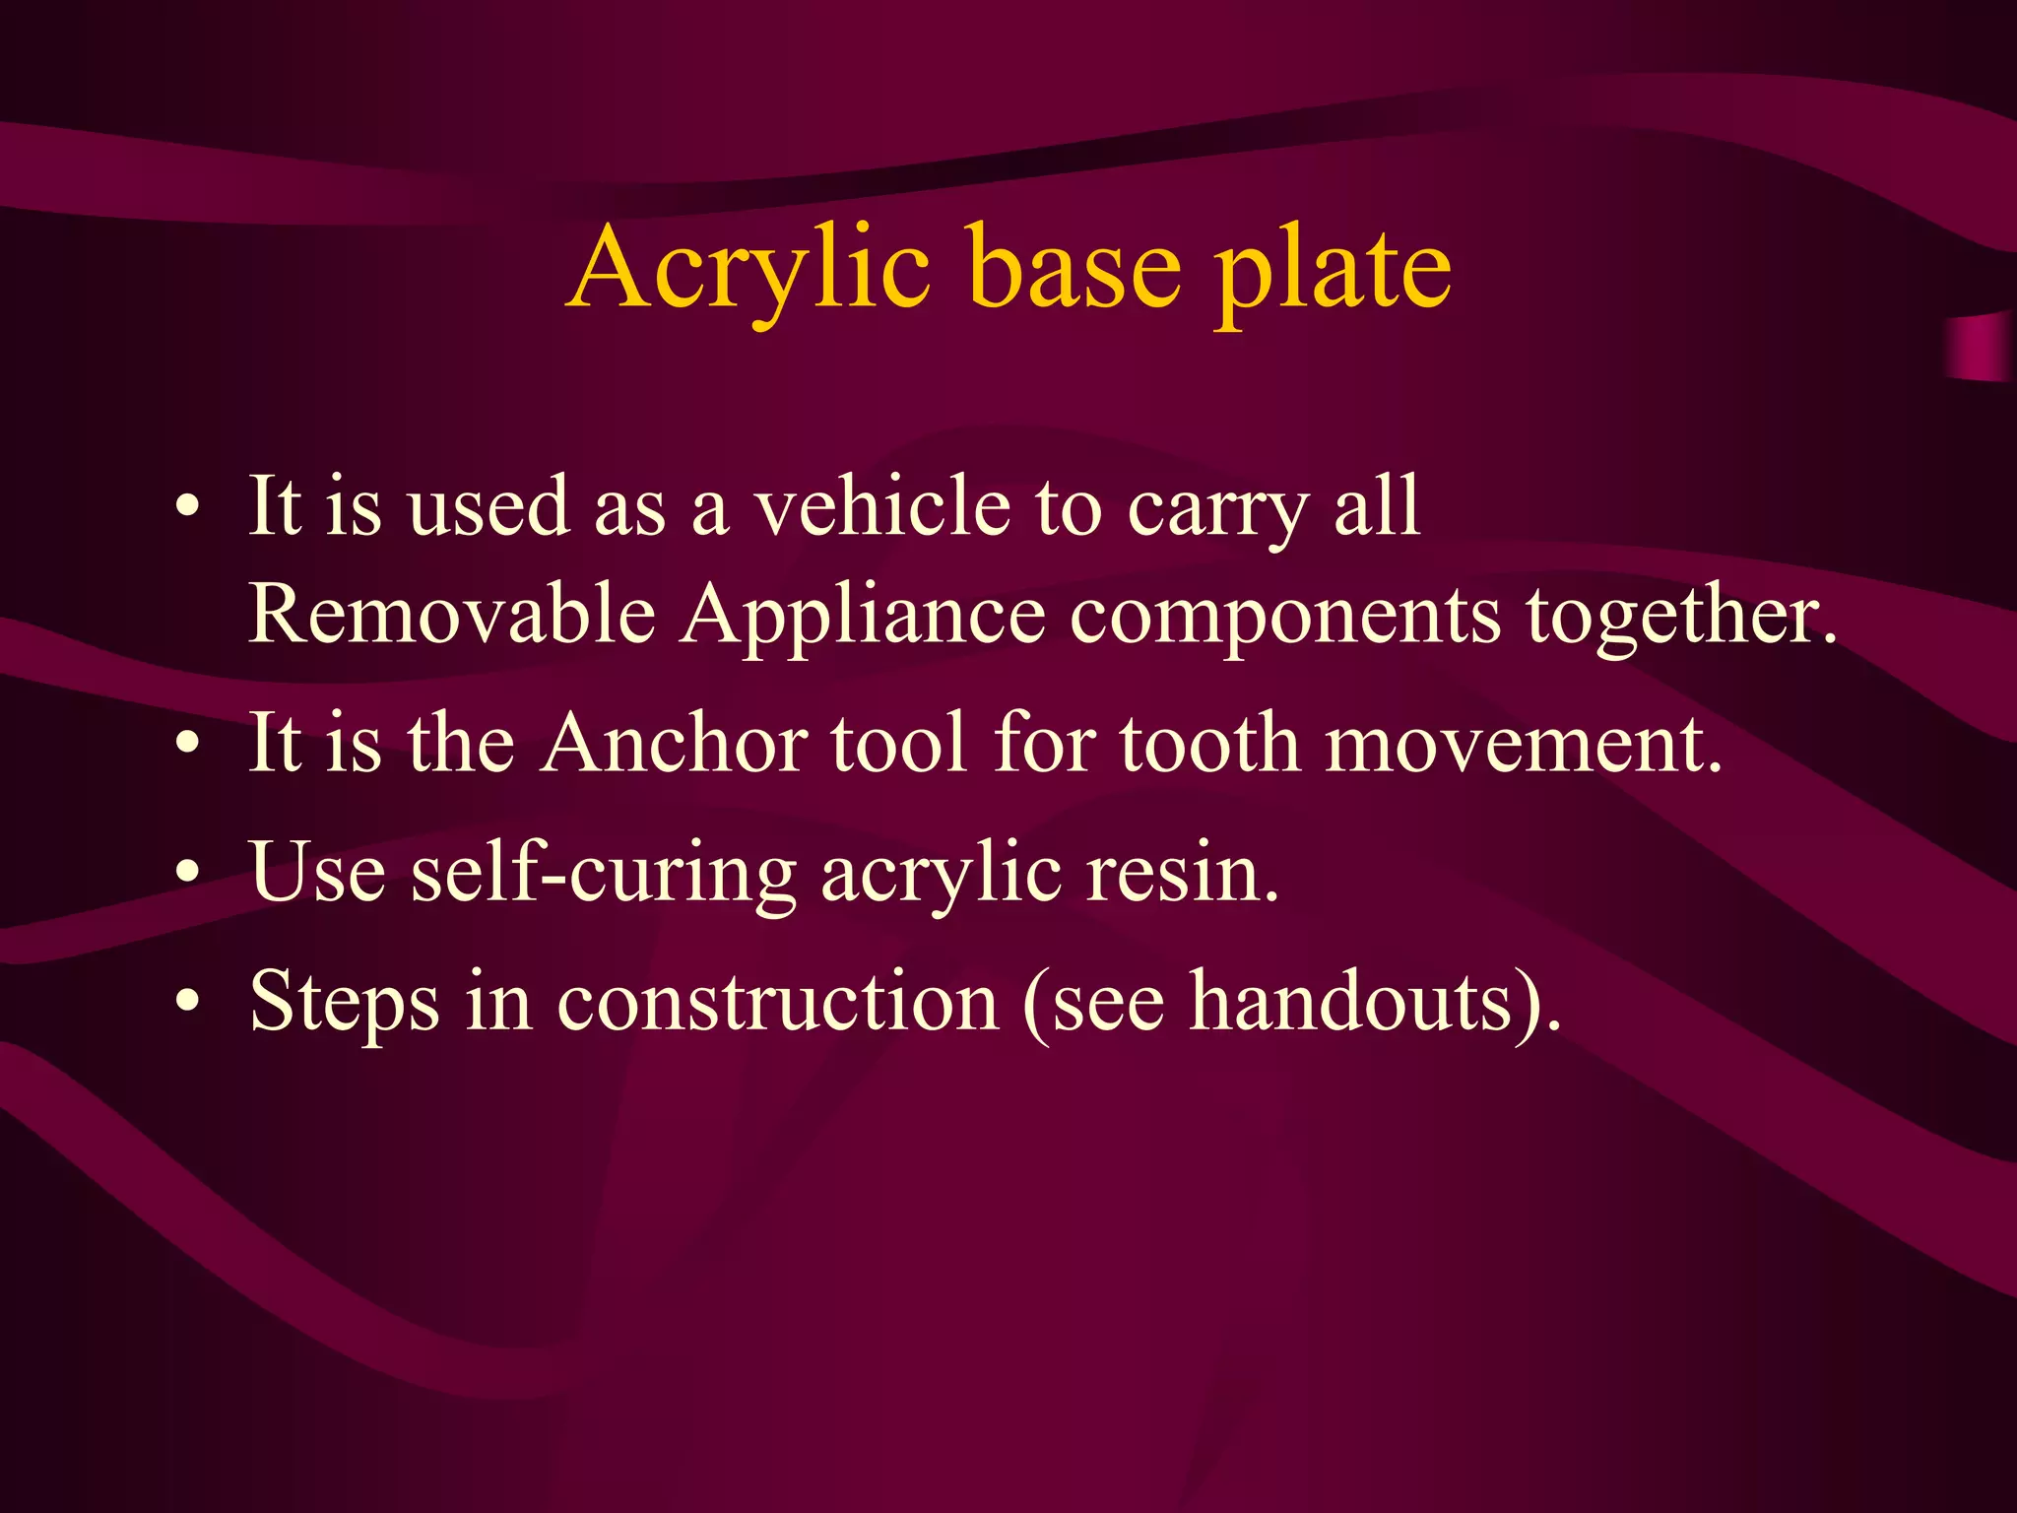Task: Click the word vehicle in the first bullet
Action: tap(882, 506)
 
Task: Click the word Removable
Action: tap(452, 614)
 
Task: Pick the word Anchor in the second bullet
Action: tap(675, 743)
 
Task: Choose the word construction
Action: tap(778, 1001)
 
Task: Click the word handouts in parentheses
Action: tap(1351, 1001)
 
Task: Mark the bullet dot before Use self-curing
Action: tap(188, 873)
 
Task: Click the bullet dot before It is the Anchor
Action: tap(188, 745)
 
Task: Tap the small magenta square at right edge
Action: tap(1980, 347)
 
